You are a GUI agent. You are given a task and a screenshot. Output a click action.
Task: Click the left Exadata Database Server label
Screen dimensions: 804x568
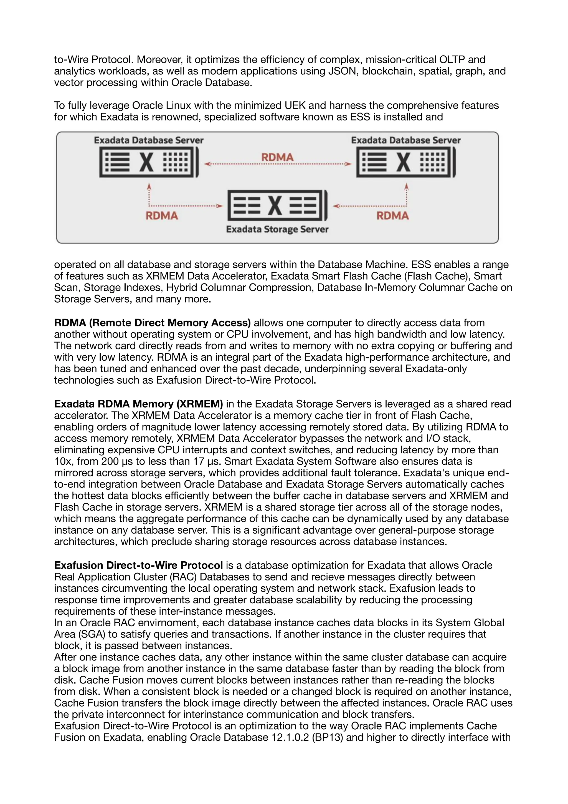point(149,140)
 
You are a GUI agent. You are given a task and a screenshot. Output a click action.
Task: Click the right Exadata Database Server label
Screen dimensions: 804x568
point(406,140)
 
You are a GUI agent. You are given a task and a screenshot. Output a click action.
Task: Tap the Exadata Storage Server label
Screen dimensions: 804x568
point(277,229)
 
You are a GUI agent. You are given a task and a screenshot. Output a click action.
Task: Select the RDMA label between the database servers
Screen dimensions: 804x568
point(277,157)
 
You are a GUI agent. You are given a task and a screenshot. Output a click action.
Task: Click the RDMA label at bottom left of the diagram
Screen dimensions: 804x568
point(162,216)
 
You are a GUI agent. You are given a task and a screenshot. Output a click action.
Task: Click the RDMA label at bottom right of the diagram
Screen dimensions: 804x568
point(392,216)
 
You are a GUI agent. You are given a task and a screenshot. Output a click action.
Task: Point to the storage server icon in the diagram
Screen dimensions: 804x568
point(277,205)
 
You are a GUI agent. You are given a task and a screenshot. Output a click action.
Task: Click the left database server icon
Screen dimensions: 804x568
point(149,162)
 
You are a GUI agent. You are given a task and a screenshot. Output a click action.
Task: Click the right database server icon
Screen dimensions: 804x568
point(406,162)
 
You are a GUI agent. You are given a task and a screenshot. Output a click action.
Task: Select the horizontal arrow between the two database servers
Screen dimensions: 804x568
point(277,164)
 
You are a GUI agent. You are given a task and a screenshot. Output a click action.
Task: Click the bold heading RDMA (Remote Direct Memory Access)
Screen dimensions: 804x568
point(152,323)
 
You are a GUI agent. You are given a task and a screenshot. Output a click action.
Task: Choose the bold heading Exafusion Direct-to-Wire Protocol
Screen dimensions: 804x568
point(138,565)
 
